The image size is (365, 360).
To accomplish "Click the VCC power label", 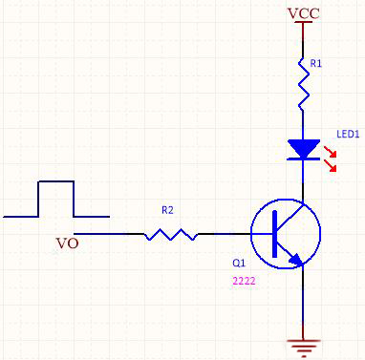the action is point(304,13).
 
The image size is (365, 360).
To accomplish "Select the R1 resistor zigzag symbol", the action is point(304,84).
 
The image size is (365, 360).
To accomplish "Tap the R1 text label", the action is point(316,64).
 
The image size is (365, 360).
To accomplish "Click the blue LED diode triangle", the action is point(304,148).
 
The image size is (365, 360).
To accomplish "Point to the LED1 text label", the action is point(348,134).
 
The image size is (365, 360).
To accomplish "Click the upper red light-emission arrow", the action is point(331,152).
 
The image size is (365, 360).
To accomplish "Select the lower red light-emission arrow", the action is point(331,166).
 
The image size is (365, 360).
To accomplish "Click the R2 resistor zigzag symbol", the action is point(171,234).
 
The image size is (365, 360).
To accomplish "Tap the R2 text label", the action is point(167,210).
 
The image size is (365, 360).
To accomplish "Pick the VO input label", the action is point(67,244).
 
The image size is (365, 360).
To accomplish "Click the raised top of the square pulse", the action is point(56,181).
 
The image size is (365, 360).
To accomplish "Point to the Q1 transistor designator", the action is point(239,263).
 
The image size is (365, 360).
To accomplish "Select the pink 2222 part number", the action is point(244,281).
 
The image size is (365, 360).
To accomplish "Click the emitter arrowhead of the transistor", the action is point(296,260).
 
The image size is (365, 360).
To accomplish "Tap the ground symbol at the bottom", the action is point(303,348).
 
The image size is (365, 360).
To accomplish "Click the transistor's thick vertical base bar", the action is point(275,234).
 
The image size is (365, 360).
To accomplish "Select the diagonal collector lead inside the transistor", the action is point(290,218).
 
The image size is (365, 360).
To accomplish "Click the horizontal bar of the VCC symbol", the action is point(303,22).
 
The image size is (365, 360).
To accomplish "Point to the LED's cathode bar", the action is point(304,159).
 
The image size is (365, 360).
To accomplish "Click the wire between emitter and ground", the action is point(303,303).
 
